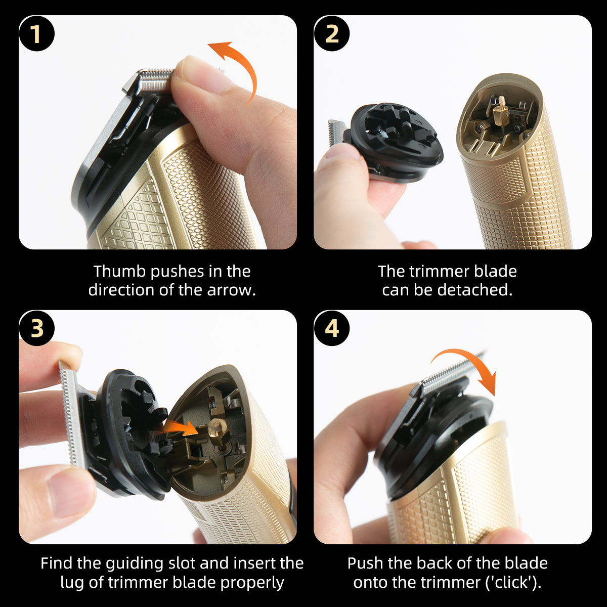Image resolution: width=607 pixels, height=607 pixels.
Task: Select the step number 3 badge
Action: tap(36, 328)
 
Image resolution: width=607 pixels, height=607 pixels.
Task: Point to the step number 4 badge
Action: tap(331, 328)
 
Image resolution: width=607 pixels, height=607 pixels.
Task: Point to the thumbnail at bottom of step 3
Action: tap(68, 493)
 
